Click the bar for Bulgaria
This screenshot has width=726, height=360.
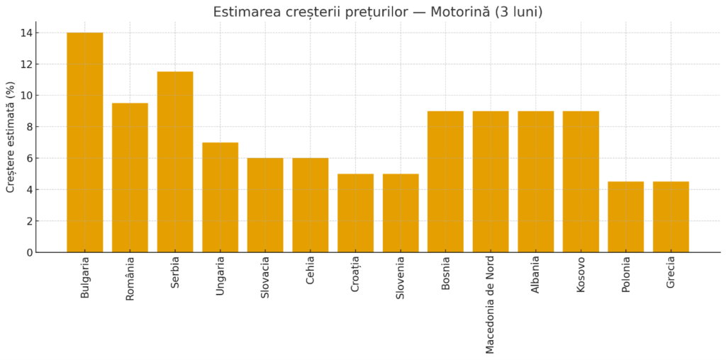[x=84, y=142]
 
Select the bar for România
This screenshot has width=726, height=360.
[x=130, y=178]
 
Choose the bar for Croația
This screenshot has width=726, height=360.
[x=355, y=213]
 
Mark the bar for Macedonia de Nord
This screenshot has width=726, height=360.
[x=491, y=181]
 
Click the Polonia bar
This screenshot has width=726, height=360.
[x=626, y=217]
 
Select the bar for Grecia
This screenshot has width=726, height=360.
[x=671, y=217]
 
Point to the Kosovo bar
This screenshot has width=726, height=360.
[x=581, y=181]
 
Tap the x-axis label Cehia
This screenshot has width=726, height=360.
[x=311, y=273]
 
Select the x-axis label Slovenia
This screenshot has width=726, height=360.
[x=401, y=279]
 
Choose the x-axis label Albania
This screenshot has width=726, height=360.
[x=536, y=276]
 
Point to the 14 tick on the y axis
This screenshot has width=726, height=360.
[x=26, y=33]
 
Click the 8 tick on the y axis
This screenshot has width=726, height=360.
[x=29, y=127]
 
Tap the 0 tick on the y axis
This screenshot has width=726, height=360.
[x=29, y=252]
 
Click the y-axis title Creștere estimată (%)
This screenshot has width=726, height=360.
[x=11, y=137]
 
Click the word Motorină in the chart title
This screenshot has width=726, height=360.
[x=460, y=12]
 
